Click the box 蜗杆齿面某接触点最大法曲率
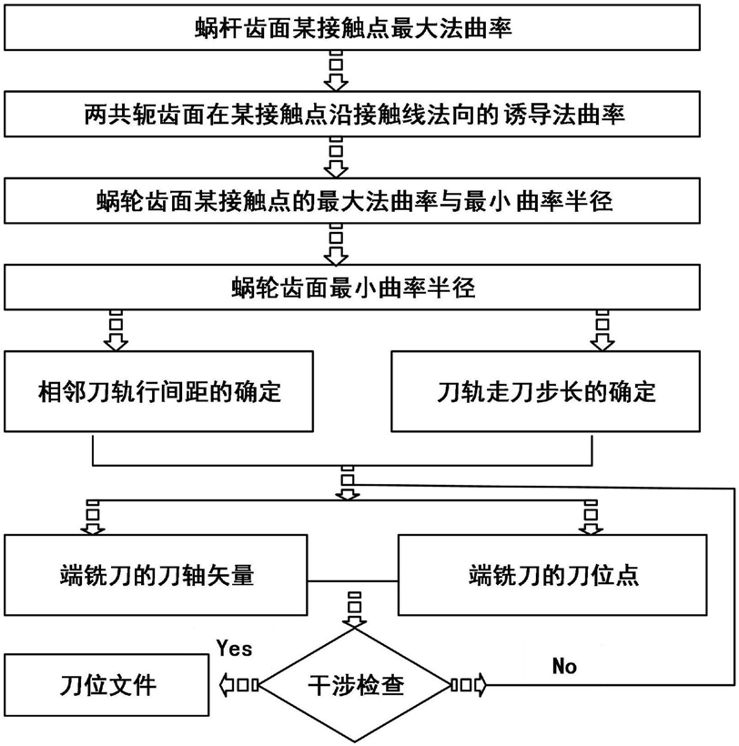click(x=352, y=27)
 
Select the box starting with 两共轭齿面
click(x=352, y=115)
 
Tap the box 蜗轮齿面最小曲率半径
click(x=352, y=287)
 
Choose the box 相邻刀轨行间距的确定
click(x=159, y=391)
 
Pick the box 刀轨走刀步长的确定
click(x=545, y=391)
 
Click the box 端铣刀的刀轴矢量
click(x=156, y=575)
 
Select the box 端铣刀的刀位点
click(x=552, y=575)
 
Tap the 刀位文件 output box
click(x=106, y=685)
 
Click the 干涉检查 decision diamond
click(x=355, y=686)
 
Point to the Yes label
click(x=234, y=648)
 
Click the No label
click(x=564, y=666)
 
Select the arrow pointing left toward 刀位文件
click(x=238, y=685)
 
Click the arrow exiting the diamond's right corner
click(x=469, y=685)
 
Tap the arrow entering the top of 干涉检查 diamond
click(x=355, y=610)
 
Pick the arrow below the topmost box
click(x=336, y=71)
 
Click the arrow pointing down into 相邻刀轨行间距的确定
click(x=116, y=330)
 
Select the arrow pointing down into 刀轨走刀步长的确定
click(x=602, y=330)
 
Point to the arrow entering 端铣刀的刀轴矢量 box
click(x=93, y=517)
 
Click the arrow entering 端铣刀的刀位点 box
click(x=591, y=517)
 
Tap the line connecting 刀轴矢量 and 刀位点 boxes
click(x=352, y=581)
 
